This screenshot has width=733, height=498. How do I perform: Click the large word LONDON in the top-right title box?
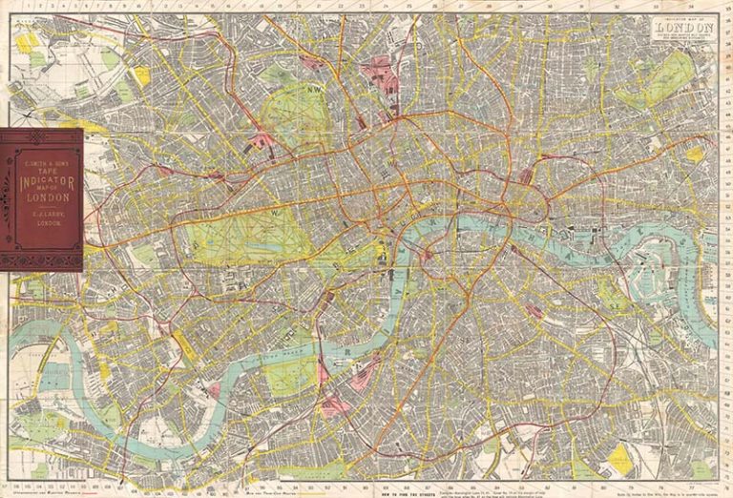683,28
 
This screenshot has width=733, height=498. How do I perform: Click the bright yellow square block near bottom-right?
620,457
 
